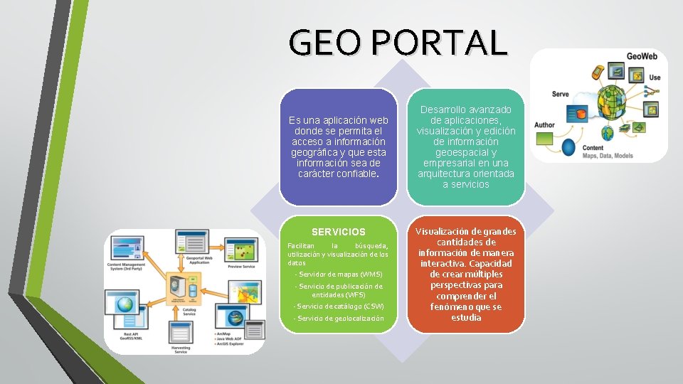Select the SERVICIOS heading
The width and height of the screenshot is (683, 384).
pos(339,232)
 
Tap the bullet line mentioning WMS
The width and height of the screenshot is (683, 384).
pos(340,274)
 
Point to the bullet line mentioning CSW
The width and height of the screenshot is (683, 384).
pos(339,306)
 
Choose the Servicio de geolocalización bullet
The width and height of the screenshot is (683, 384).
pos(340,318)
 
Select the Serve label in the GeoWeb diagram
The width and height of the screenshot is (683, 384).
pos(561,94)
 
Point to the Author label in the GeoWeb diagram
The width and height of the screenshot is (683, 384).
pos(544,125)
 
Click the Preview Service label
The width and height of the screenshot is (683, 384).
pos(241,267)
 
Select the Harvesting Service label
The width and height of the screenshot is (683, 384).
pos(179,348)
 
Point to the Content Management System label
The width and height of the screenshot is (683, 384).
pos(126,266)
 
